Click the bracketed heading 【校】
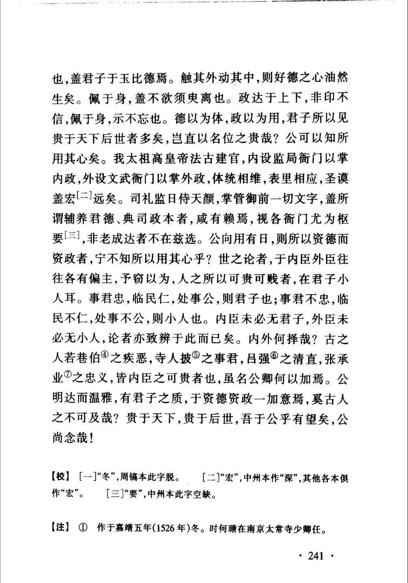(x=61, y=477)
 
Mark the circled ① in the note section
(x=83, y=527)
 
